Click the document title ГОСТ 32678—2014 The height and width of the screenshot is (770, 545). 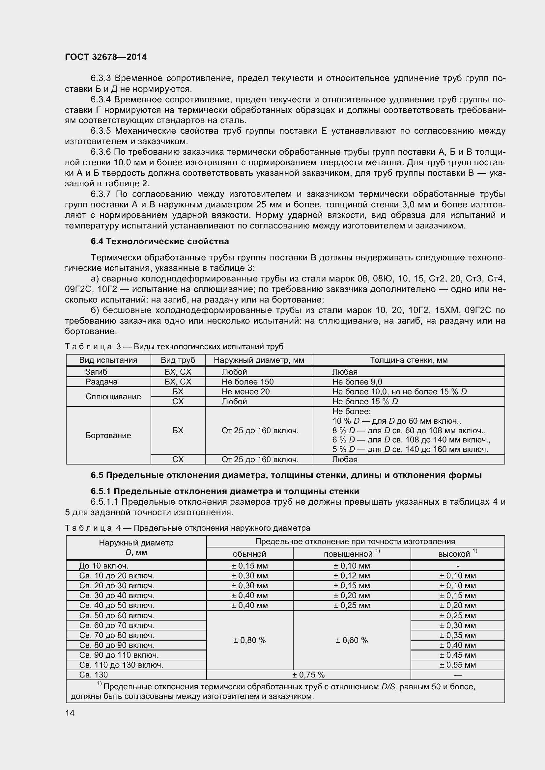click(x=106, y=57)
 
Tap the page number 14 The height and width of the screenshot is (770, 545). click(x=70, y=713)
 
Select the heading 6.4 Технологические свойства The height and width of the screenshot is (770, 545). click(x=160, y=241)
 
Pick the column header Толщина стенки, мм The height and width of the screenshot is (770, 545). click(x=408, y=360)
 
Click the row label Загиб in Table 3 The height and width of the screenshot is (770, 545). click(x=96, y=372)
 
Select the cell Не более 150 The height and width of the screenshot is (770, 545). click(x=247, y=382)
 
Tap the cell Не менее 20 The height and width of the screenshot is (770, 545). click(x=245, y=392)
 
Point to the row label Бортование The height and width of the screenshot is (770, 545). click(x=108, y=435)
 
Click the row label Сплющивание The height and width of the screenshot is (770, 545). click(x=113, y=397)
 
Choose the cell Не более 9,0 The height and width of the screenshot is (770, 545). click(x=357, y=382)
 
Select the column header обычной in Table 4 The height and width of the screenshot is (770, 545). click(x=249, y=554)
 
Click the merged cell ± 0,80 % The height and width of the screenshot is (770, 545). click(x=249, y=640)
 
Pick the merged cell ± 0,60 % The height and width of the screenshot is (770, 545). click(x=351, y=640)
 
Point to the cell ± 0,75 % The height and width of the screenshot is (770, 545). click(x=308, y=675)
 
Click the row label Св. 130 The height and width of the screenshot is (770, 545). click(x=94, y=675)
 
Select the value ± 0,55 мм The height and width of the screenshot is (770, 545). click(x=457, y=665)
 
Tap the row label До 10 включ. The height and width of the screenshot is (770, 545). click(x=104, y=566)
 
